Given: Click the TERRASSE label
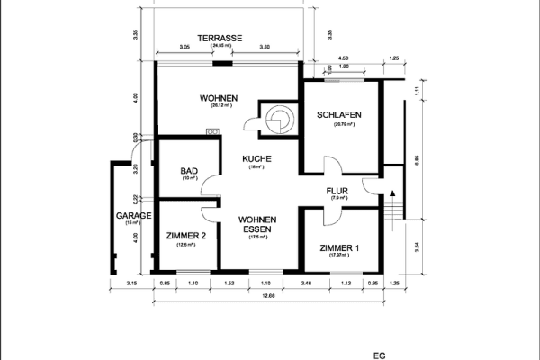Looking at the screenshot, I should tap(220, 38).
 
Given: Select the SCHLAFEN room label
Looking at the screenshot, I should tap(339, 115).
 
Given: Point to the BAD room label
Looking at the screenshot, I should tap(189, 171).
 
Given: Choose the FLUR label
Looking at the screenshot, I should tap(339, 190).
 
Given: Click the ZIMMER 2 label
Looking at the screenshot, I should tap(186, 236).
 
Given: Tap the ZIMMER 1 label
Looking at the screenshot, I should tap(339, 248).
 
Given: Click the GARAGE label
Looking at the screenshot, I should tap(132, 216).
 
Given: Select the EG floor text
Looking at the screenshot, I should tap(379, 356).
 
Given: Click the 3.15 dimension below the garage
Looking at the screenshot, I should tap(130, 284).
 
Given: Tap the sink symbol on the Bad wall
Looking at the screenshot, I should tap(212, 132).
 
